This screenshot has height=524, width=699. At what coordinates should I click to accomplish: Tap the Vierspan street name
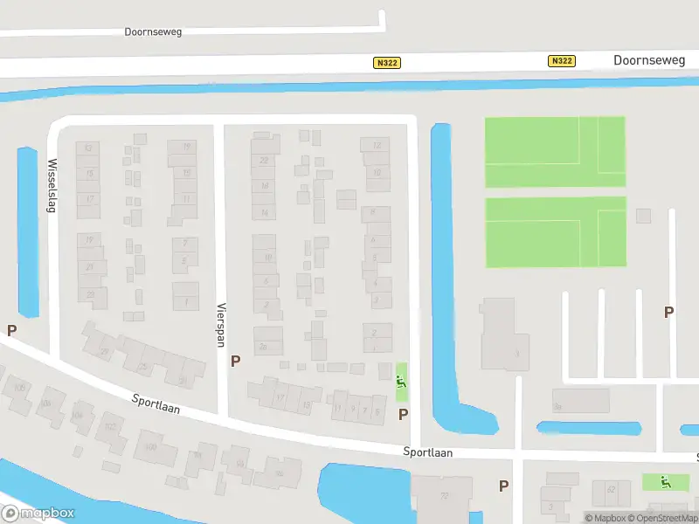(221, 324)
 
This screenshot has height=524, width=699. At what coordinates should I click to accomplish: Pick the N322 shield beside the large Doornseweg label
(563, 60)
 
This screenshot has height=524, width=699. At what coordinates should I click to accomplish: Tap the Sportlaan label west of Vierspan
(156, 403)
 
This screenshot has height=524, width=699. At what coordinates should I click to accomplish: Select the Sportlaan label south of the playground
(428, 452)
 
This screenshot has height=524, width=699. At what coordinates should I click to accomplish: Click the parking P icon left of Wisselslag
(12, 331)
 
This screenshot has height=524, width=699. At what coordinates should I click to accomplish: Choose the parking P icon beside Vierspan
(235, 360)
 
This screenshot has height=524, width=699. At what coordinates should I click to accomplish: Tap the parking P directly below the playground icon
(403, 414)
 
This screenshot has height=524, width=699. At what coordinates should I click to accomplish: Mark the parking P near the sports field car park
(669, 312)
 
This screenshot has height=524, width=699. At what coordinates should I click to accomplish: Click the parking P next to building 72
(503, 486)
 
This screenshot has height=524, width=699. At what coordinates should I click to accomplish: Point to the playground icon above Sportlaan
(401, 381)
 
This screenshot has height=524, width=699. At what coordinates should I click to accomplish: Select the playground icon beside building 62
(665, 480)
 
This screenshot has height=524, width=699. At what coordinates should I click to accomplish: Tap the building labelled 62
(610, 490)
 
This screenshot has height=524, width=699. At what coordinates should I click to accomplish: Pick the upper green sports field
(555, 151)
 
